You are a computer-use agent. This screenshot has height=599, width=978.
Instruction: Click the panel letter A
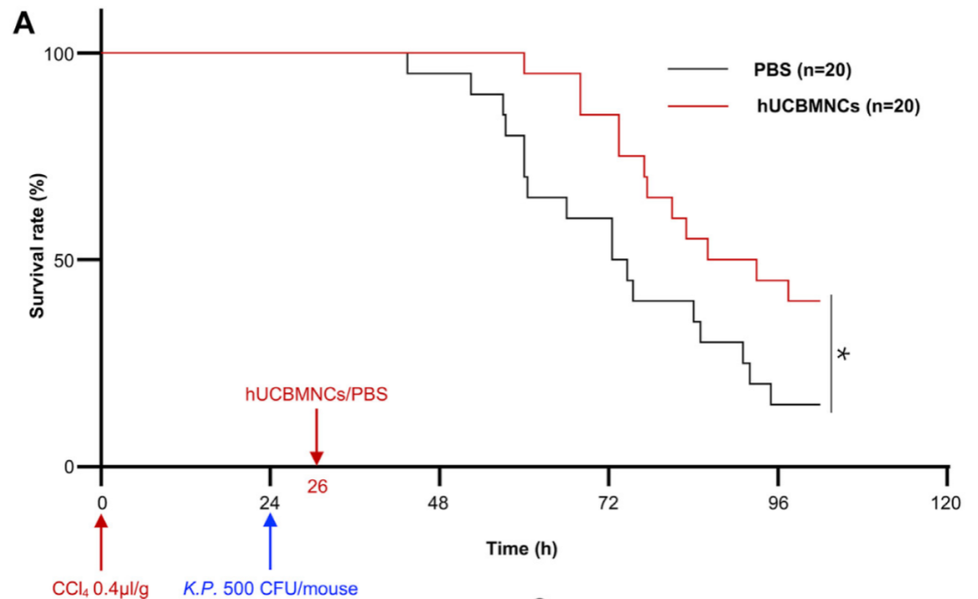click(24, 24)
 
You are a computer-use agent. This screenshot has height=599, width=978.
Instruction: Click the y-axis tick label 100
click(72, 53)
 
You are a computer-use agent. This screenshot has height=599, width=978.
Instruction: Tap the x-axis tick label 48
click(439, 503)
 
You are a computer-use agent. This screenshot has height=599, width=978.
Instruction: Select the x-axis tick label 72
click(609, 503)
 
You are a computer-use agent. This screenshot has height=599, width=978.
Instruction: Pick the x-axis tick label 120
click(946, 503)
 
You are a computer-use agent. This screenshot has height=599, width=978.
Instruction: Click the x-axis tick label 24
click(270, 503)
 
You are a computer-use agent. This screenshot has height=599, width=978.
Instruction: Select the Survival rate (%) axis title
click(37, 260)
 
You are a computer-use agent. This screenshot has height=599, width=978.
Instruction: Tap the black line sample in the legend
click(698, 69)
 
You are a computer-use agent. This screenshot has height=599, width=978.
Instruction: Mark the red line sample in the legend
click(698, 106)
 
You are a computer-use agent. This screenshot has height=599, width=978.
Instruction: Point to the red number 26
click(316, 487)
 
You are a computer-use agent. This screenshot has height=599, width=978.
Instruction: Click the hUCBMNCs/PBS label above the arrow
click(316, 394)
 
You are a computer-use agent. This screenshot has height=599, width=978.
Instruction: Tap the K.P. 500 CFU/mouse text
click(270, 588)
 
